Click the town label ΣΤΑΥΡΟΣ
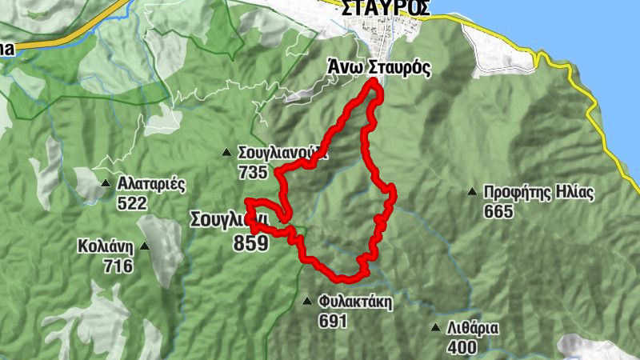[x=385, y=8]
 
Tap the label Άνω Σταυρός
[x=379, y=69]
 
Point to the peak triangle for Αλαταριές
[x=106, y=184]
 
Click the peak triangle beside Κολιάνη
[x=145, y=246]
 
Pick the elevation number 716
[x=118, y=266]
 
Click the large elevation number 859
[x=250, y=243]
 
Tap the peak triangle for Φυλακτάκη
[x=307, y=302]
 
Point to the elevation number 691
[x=332, y=321]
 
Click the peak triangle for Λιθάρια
[x=435, y=328]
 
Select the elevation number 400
[x=462, y=346]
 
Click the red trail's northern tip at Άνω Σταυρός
[x=374, y=83]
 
